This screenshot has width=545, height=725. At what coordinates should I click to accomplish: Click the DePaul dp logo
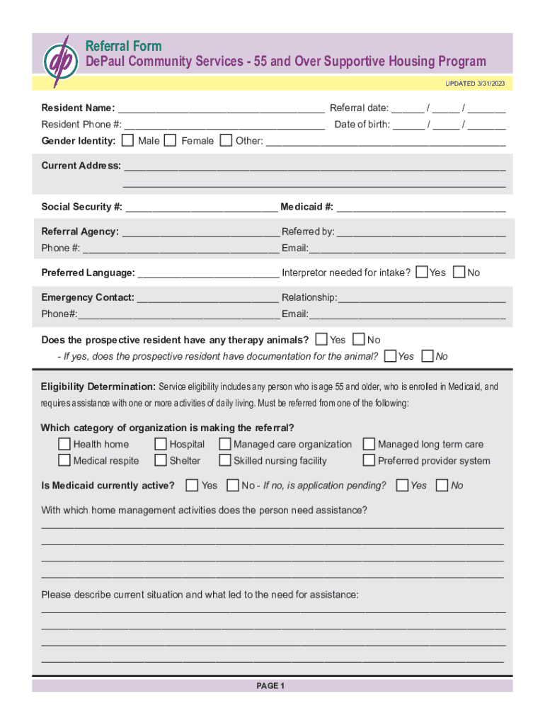tap(59, 62)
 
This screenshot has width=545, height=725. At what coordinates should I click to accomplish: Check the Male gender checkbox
tap(127, 140)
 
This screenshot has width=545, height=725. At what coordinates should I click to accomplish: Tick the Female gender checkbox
tap(170, 140)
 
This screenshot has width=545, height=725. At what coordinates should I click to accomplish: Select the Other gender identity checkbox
tap(225, 140)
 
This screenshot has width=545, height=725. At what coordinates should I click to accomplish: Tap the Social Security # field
tap(201, 208)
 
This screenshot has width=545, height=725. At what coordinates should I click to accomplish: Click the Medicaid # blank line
tap(420, 208)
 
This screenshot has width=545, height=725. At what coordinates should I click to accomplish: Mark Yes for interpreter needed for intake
tap(422, 272)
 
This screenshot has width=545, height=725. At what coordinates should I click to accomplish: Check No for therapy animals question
tap(358, 340)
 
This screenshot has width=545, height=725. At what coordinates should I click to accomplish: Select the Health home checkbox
tap(64, 445)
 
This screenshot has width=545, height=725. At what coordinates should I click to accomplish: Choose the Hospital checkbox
tap(161, 445)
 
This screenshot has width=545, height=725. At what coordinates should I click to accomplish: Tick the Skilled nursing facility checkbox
tap(225, 461)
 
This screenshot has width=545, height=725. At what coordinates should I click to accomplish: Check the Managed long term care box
tap(369, 445)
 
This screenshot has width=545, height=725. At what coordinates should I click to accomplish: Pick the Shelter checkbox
tap(161, 461)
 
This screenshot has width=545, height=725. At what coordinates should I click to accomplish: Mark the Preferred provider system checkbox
tap(369, 461)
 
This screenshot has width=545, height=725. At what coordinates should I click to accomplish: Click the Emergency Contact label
tap(87, 297)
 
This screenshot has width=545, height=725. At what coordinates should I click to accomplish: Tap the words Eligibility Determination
tap(98, 387)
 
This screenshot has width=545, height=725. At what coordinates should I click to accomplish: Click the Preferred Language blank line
tap(208, 274)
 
